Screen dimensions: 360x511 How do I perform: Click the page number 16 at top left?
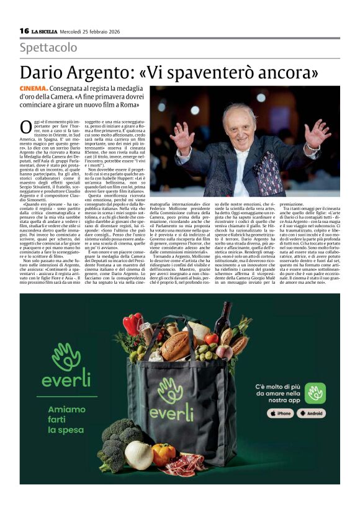(x=24, y=30)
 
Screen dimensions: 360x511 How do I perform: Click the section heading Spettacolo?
(x=48, y=48)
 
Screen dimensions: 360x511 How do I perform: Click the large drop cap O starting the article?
(x=26, y=127)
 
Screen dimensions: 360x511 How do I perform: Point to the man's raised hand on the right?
(x=317, y=133)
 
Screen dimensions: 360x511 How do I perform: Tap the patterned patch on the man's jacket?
(x=271, y=179)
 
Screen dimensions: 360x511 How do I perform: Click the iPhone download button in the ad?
(x=281, y=413)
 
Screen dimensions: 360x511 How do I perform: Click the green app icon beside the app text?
(x=315, y=392)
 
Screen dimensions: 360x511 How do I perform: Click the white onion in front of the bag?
(x=139, y=455)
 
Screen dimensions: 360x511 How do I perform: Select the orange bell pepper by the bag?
(x=164, y=454)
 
